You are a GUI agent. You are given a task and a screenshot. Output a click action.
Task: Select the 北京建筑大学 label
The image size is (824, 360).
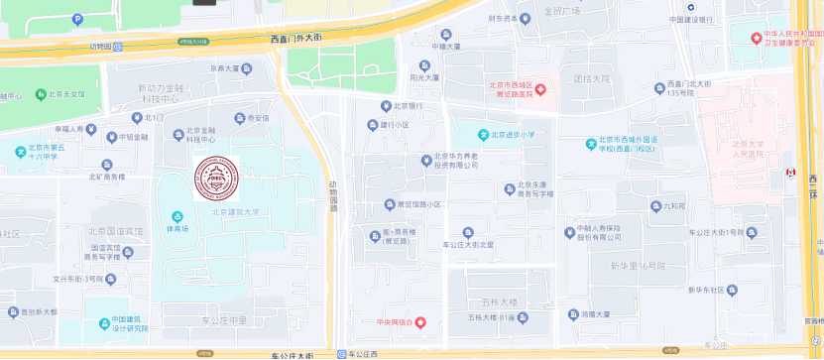tap(234, 211)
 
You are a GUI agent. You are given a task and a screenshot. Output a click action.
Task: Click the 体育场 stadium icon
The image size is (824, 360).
tap(177, 215)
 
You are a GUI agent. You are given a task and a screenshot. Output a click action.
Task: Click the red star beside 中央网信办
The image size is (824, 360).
tap(420, 322)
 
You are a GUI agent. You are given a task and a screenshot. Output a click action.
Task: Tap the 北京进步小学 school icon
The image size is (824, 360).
tap(483, 135)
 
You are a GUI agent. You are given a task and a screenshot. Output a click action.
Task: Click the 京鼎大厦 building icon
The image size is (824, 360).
tap(246, 68)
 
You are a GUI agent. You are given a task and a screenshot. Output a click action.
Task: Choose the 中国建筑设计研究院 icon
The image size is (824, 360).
tap(105, 323)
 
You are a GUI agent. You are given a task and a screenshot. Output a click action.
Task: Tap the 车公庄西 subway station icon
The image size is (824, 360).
tap(341, 354)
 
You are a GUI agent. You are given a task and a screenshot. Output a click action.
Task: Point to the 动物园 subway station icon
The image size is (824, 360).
tap(117, 46)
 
